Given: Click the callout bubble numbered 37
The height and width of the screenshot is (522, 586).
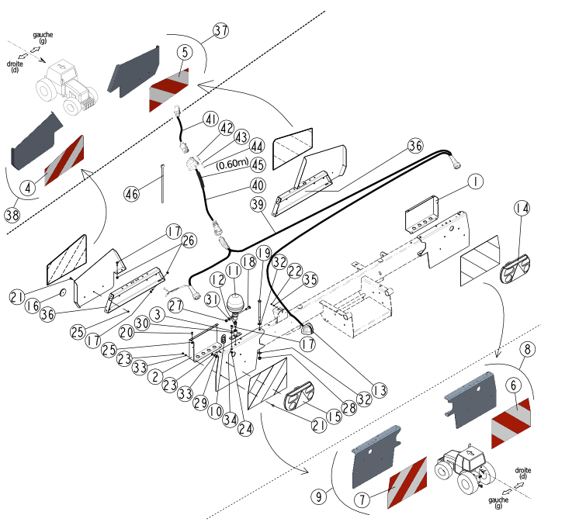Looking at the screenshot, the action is point(221,30).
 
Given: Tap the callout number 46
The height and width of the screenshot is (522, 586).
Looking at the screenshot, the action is point(131,194).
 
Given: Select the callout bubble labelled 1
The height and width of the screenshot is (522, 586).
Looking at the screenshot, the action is point(475,181).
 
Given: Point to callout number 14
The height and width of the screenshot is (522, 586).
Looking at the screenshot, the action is point(522,208).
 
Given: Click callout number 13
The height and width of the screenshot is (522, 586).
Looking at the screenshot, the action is point(380,390).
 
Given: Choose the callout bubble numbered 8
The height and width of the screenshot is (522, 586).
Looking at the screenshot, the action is point(527,349).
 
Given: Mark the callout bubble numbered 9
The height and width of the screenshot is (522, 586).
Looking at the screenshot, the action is point(318,496).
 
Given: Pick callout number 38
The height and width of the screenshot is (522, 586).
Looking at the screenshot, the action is point(12,215).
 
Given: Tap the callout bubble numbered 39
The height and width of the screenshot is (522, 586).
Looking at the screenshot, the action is point(258,204).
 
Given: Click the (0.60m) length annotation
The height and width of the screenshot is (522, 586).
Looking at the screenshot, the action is point(232,164).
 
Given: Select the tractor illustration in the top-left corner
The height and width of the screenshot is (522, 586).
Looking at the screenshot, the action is point(67,86).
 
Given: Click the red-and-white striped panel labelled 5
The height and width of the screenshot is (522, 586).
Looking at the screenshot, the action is point(169,90).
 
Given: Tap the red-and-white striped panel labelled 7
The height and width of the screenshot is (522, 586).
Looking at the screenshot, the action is point(407,482).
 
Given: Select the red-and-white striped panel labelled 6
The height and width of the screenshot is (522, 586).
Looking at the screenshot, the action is point(511,423).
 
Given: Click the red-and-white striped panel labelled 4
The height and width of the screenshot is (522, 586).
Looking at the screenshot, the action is point(64,161).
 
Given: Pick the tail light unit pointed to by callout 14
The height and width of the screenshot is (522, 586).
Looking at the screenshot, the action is point(515,269).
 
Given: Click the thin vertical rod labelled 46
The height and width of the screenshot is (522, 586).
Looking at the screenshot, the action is point(162,183).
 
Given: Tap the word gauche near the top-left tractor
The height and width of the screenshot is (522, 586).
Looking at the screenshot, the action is point(43,35).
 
